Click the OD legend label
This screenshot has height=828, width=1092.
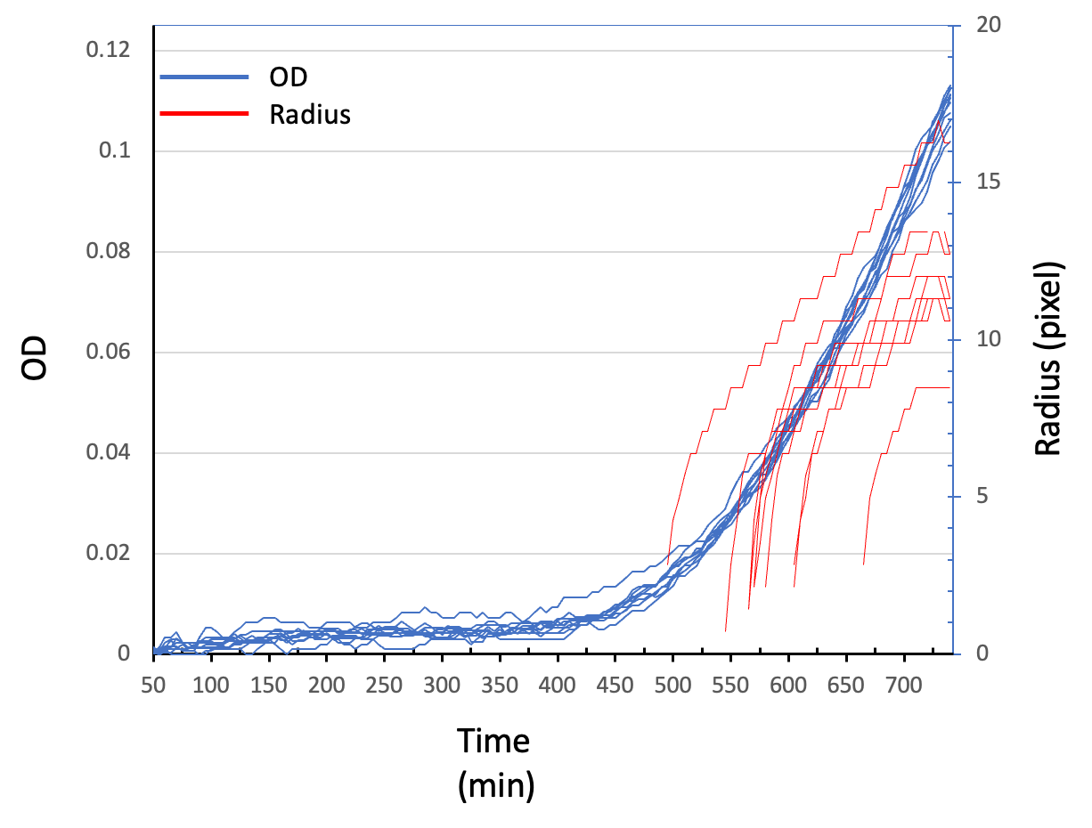(x=289, y=77)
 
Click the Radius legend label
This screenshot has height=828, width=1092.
(x=310, y=114)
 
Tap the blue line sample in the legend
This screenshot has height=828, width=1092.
(x=204, y=77)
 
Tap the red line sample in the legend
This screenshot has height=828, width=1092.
(x=204, y=114)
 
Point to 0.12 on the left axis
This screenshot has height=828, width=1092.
(x=108, y=50)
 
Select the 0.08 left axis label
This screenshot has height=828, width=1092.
(x=108, y=251)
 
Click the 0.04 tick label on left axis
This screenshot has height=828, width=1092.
(x=108, y=452)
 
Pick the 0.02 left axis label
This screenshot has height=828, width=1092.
(x=108, y=553)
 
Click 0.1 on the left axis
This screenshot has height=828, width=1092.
(x=113, y=150)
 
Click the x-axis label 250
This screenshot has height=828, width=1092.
(x=384, y=686)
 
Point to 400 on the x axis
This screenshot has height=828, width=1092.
(x=558, y=686)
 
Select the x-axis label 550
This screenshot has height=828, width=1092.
(x=730, y=686)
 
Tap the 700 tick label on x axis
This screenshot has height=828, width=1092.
(x=904, y=686)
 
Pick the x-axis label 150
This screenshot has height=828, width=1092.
(x=268, y=686)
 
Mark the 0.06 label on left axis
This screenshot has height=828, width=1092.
(x=108, y=352)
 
